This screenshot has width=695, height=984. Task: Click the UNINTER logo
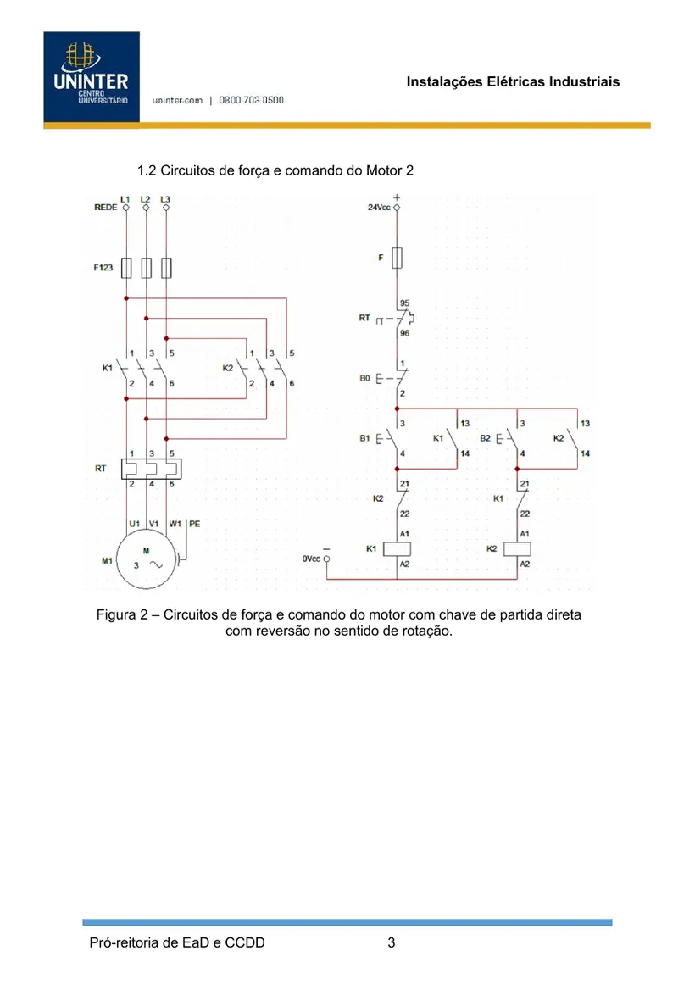[92, 76]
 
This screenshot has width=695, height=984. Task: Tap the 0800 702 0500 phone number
[251, 100]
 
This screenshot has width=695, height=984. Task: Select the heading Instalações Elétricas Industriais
[513, 81]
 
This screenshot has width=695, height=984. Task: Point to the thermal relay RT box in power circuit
[152, 469]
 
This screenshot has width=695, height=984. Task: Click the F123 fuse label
[103, 267]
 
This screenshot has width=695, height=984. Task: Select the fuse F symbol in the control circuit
[397, 258]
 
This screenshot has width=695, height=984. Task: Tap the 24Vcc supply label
[379, 207]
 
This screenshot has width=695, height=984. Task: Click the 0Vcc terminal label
[311, 558]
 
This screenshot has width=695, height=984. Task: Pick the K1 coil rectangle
[397, 549]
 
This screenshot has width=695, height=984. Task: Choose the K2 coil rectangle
[517, 549]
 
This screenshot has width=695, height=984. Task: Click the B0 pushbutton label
[364, 378]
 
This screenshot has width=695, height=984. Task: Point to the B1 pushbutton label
[364, 438]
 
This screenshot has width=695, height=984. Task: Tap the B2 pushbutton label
[486, 438]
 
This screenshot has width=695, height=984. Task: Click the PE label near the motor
[195, 524]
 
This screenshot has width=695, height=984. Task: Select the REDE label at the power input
[105, 207]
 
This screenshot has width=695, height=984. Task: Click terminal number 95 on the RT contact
[404, 303]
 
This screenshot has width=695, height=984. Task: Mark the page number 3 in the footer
[391, 942]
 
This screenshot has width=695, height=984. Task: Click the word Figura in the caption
[118, 615]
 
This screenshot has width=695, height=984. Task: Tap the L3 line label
[165, 199]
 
